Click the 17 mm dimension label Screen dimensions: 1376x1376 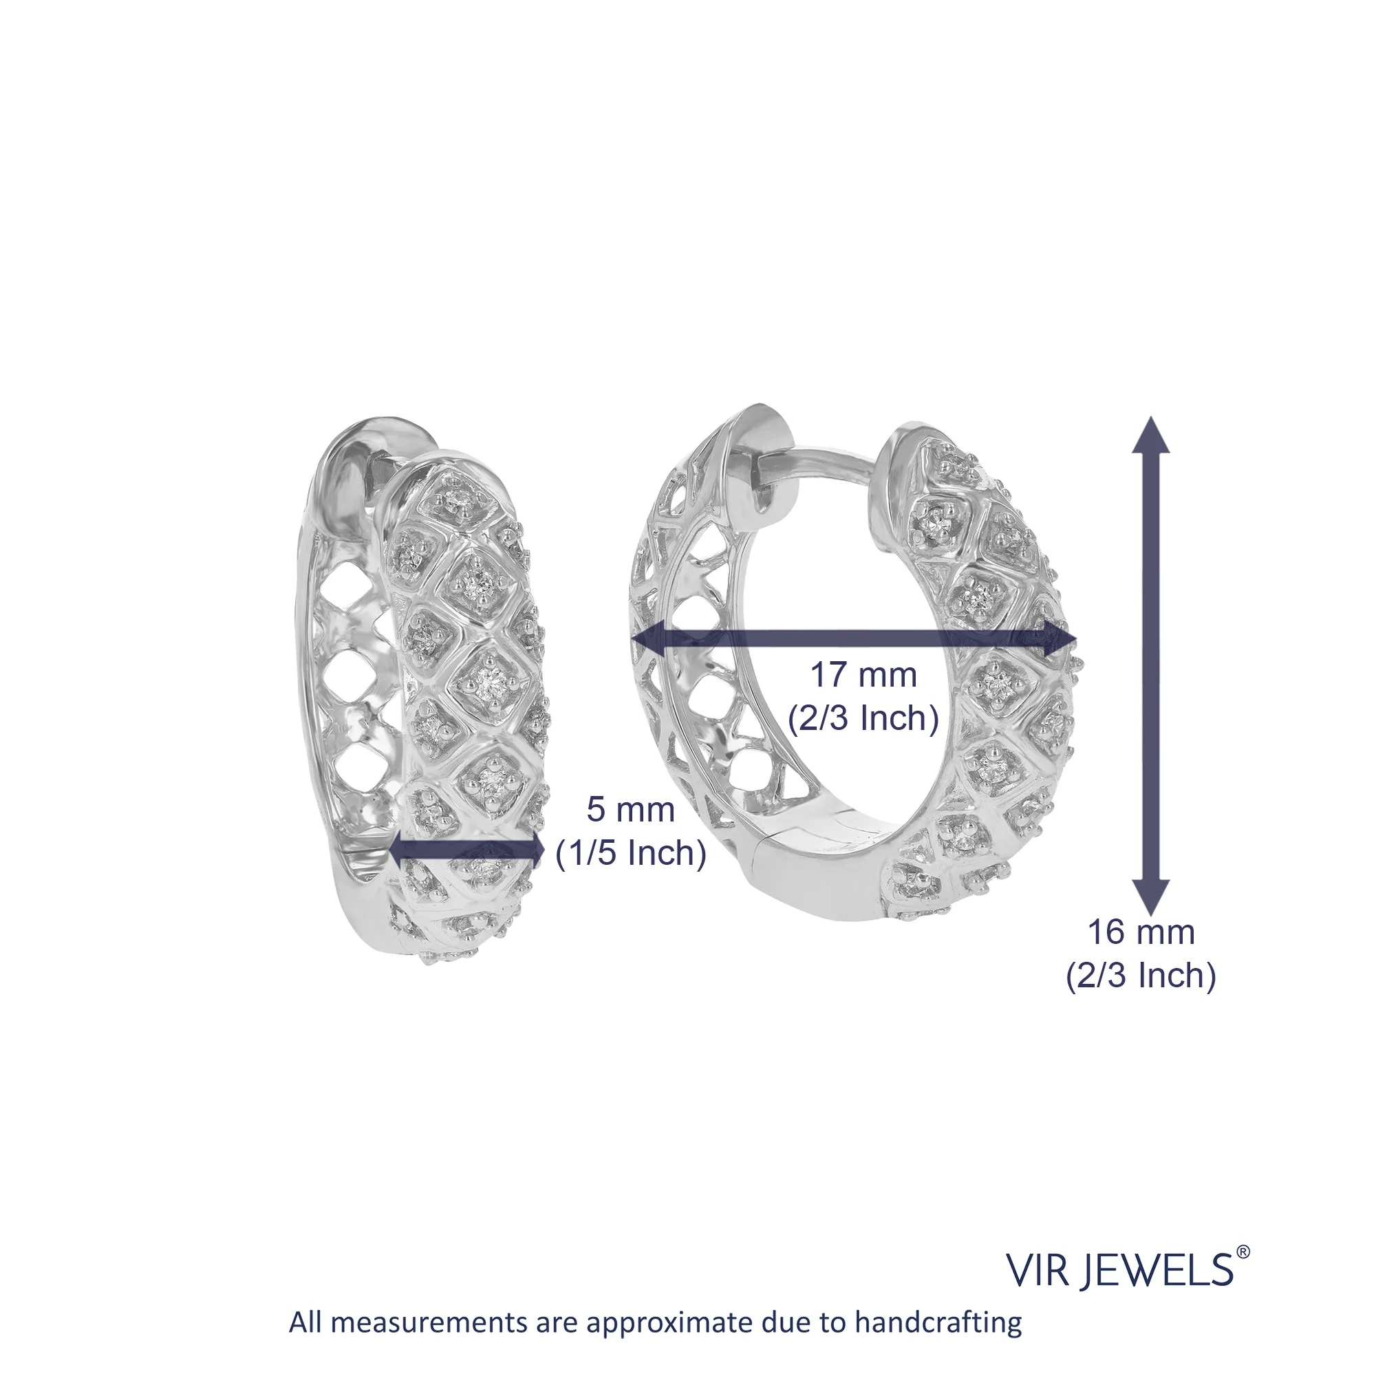(x=863, y=675)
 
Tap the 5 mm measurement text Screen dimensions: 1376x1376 (x=630, y=810)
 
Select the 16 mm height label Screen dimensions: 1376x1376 (x=1140, y=932)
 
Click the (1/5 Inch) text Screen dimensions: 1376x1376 (x=631, y=853)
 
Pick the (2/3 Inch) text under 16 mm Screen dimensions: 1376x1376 (x=1140, y=975)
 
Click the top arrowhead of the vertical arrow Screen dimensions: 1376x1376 (x=1151, y=436)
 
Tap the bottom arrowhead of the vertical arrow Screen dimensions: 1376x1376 (x=1151, y=896)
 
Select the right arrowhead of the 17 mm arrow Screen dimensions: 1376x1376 (x=1060, y=639)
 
